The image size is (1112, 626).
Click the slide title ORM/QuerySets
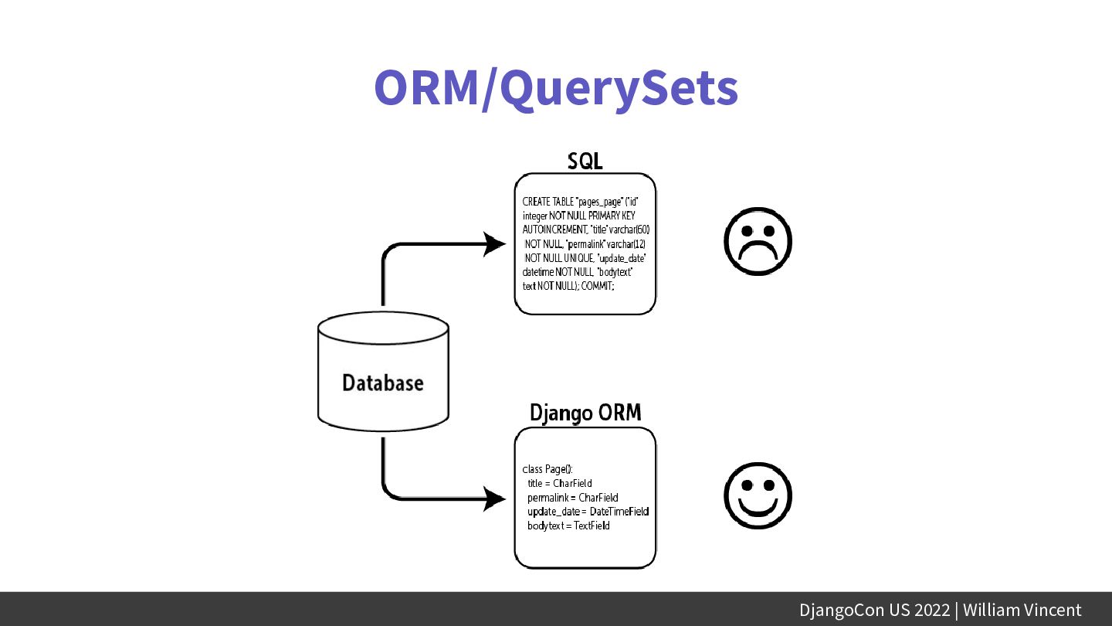[x=556, y=89]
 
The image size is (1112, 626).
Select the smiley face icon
[x=758, y=495]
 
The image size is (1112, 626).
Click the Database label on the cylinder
[x=383, y=383]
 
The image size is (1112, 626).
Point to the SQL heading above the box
[x=585, y=161]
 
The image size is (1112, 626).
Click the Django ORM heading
[x=585, y=413]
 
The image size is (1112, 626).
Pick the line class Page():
[x=548, y=469]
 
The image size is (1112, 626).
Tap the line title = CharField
[x=559, y=483]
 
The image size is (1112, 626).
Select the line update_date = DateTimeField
[x=588, y=512]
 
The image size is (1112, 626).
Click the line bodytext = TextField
[x=568, y=526]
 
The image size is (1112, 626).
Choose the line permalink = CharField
[x=572, y=498]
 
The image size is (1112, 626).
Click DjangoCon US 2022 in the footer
[x=874, y=610]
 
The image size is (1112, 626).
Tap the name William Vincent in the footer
[x=1022, y=610]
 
